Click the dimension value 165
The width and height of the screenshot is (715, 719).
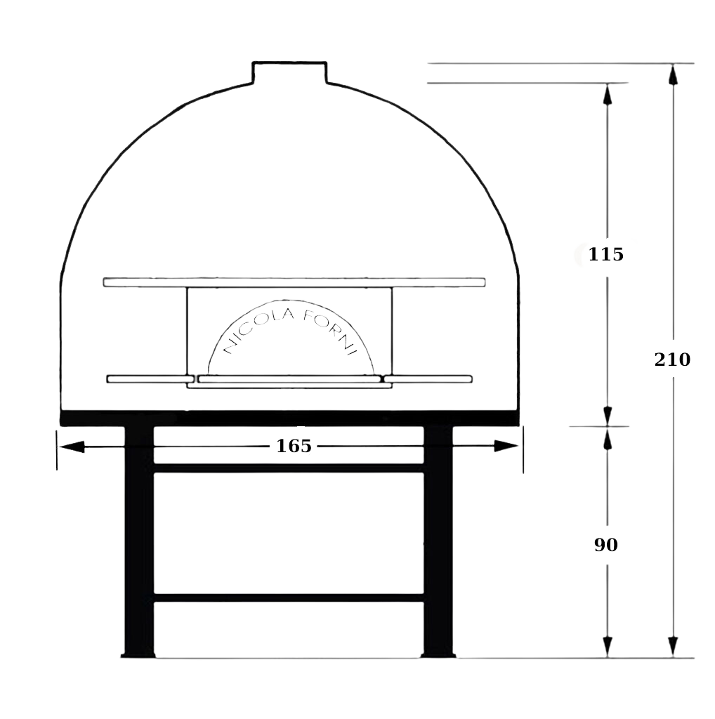pos(294,446)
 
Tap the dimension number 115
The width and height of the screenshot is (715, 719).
pos(606,254)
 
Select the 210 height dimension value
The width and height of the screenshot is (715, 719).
pos(672,359)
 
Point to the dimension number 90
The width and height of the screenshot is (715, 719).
pos(606,545)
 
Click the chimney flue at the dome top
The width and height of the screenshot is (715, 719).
pos(289,72)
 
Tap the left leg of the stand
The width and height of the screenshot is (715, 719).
pos(139,541)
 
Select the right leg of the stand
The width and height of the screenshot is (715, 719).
pos(438,541)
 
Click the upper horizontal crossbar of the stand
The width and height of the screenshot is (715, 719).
pos(289,468)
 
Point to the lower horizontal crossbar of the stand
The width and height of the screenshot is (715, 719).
pos(289,598)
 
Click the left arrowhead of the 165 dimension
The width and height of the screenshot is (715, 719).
pos(72,446)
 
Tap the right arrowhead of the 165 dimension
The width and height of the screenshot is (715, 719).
pos(506,446)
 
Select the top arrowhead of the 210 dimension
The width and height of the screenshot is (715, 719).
pos(673,74)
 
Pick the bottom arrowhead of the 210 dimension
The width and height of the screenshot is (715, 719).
pos(673,647)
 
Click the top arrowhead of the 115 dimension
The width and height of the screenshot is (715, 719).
pos(608,95)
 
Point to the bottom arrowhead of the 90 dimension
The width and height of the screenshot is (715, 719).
pos(608,647)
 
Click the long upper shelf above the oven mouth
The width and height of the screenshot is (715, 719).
pos(294,282)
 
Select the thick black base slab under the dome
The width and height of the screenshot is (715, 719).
pos(290,418)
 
